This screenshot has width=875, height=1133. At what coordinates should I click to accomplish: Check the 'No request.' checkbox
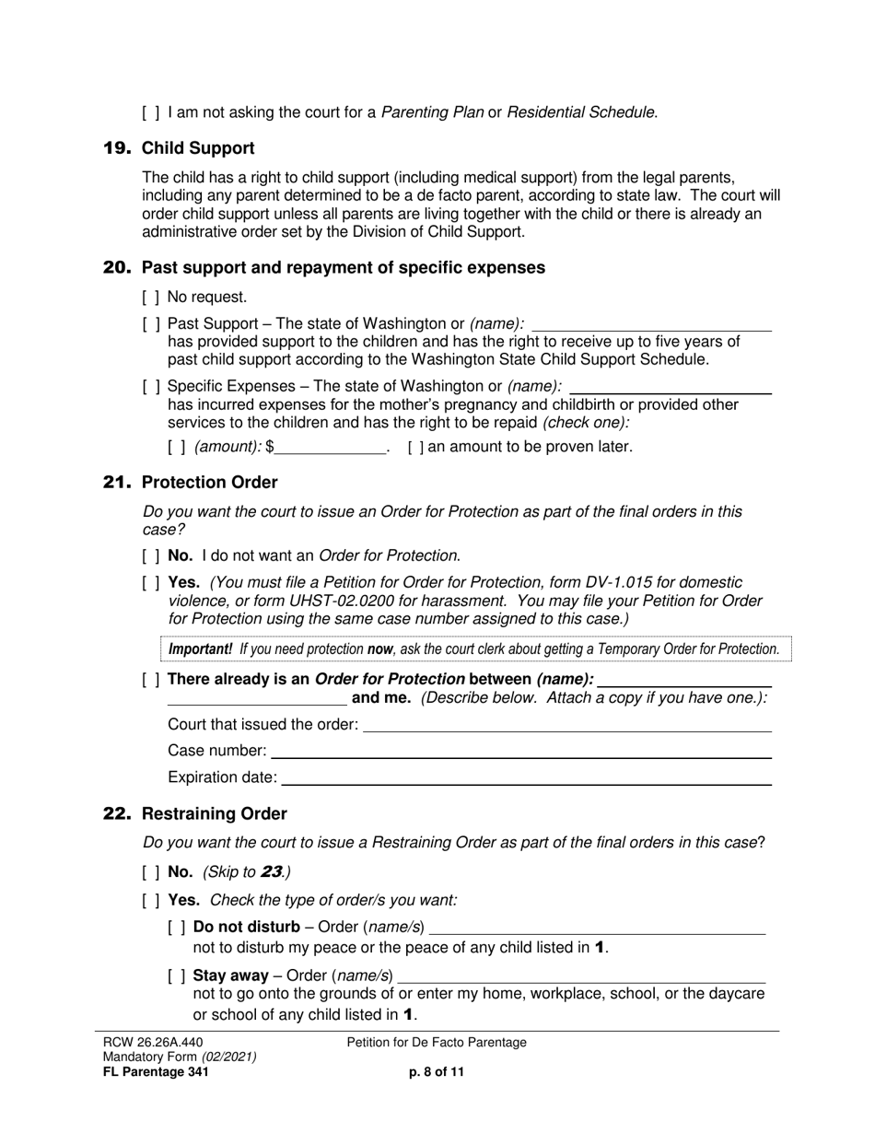tap(151, 298)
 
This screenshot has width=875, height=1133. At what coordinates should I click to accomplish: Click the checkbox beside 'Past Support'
tap(151, 324)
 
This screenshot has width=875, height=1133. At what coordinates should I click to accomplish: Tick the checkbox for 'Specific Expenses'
tap(151, 387)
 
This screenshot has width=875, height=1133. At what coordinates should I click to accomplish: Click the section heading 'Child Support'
tap(198, 148)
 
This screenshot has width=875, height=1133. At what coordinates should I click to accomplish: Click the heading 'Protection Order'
tap(209, 483)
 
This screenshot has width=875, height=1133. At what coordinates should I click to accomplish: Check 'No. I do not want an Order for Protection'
tap(151, 555)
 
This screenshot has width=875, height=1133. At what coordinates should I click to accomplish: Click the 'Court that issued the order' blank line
tap(567, 726)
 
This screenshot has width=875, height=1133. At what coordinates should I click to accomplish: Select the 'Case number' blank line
tap(520, 752)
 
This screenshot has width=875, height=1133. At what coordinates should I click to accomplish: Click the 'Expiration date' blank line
tap(526, 778)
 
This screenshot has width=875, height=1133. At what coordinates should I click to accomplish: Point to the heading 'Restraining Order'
tap(214, 814)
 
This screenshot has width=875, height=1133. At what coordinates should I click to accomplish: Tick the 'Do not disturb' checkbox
tap(177, 927)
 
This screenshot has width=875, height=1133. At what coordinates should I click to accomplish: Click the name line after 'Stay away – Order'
tap(581, 975)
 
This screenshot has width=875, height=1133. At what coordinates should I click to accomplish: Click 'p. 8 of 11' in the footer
tap(437, 1072)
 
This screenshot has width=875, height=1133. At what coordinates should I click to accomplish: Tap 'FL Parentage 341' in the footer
tap(155, 1072)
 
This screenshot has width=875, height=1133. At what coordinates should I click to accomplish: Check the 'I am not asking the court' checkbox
tap(151, 113)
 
